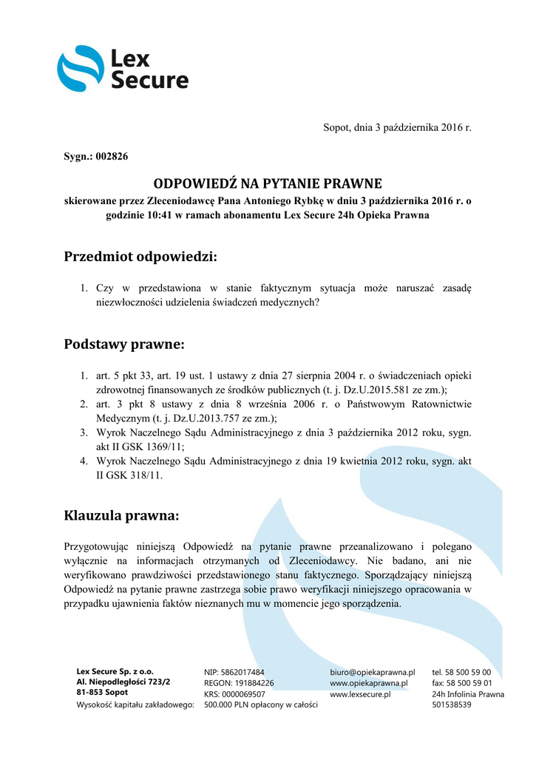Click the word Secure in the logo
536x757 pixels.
[149, 80]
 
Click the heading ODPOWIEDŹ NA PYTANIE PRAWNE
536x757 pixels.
[267, 183]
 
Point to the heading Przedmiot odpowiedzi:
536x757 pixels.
[140, 257]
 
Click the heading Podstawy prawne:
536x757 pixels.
[123, 344]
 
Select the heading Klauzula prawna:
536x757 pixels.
[121, 514]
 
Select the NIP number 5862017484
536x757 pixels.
[243, 673]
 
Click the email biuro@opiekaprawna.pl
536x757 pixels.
[372, 673]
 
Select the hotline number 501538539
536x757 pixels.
[452, 705]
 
